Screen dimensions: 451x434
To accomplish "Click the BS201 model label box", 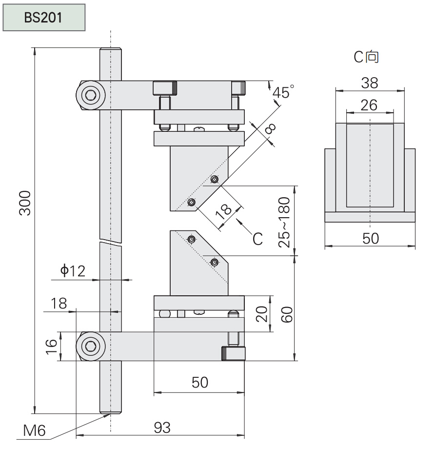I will click(44, 18).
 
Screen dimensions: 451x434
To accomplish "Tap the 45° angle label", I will click(283, 92).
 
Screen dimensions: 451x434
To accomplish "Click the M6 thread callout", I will click(34, 430).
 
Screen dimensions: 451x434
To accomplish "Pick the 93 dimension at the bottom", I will click(162, 428).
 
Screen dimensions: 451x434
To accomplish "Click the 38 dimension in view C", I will click(370, 83).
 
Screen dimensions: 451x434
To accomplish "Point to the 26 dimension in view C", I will click(370, 105).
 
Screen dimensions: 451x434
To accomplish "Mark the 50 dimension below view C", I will click(370, 238).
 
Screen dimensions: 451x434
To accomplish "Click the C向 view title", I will click(366, 57).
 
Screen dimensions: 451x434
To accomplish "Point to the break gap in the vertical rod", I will click(110, 242).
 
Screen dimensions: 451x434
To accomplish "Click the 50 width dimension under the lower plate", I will click(200, 382).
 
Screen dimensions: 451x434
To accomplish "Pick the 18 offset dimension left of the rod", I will click(59, 303).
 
